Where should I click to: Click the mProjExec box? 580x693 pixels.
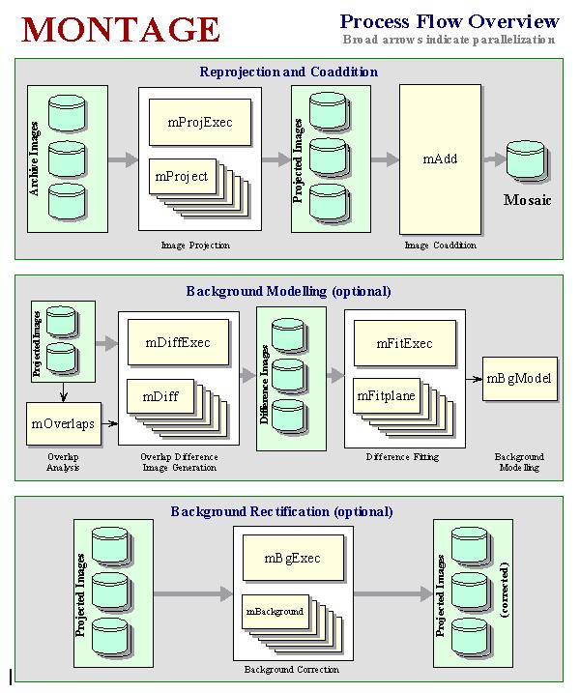point(200,123)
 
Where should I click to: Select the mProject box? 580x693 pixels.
point(181,176)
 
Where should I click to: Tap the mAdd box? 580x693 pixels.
point(440,159)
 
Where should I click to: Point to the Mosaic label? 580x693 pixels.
point(528,201)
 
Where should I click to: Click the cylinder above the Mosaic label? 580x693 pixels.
point(527,159)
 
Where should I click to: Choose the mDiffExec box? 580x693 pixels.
point(177,343)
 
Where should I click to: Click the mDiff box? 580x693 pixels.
point(159,396)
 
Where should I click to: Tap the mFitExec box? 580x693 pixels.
point(404,343)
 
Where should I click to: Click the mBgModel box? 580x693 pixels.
point(519,378)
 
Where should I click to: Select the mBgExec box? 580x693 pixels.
point(292,559)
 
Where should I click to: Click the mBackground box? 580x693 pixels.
point(275,612)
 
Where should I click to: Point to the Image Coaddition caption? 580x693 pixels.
point(440,245)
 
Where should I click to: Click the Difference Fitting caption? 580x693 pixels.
point(404,457)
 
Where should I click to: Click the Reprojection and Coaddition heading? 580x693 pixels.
point(288,72)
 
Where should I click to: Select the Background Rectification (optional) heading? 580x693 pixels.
point(281,511)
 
